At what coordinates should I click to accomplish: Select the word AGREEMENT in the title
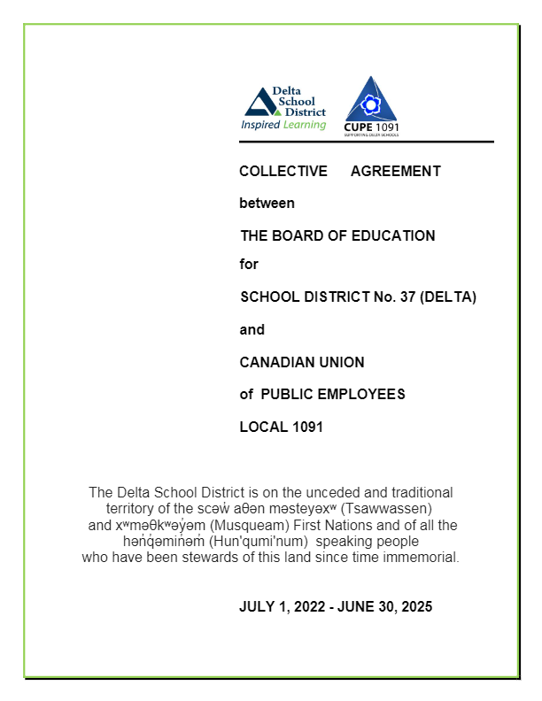pos(396,171)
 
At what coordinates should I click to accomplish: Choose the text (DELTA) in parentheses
pos(449,297)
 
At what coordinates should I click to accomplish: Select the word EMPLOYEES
pos(369,395)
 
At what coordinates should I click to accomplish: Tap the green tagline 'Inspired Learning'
pos(283,125)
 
